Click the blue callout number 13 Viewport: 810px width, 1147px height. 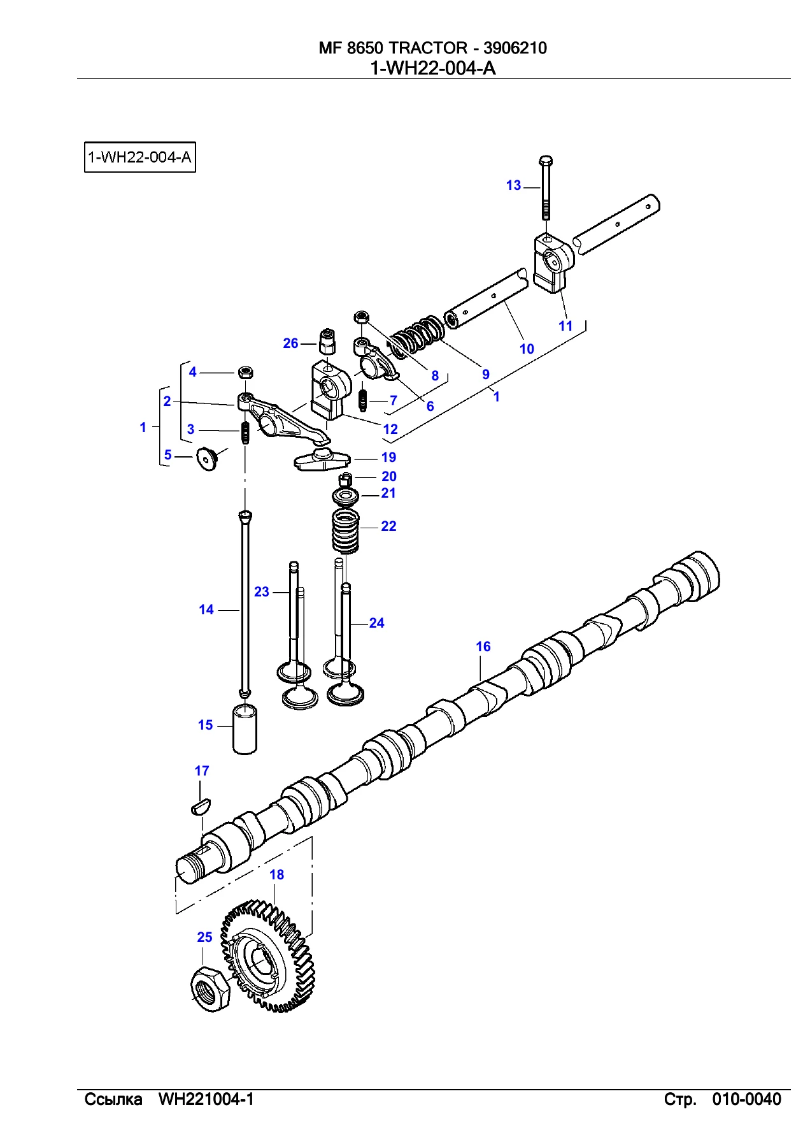513,185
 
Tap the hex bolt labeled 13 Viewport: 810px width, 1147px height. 546,187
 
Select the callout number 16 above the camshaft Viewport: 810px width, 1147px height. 483,647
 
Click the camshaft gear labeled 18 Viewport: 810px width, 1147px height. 268,956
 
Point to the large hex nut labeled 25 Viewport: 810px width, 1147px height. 211,988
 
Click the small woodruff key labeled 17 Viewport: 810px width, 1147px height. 200,806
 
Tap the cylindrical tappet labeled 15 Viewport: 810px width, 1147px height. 245,728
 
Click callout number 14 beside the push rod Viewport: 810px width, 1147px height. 206,610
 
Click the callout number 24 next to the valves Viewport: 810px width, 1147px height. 376,623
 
